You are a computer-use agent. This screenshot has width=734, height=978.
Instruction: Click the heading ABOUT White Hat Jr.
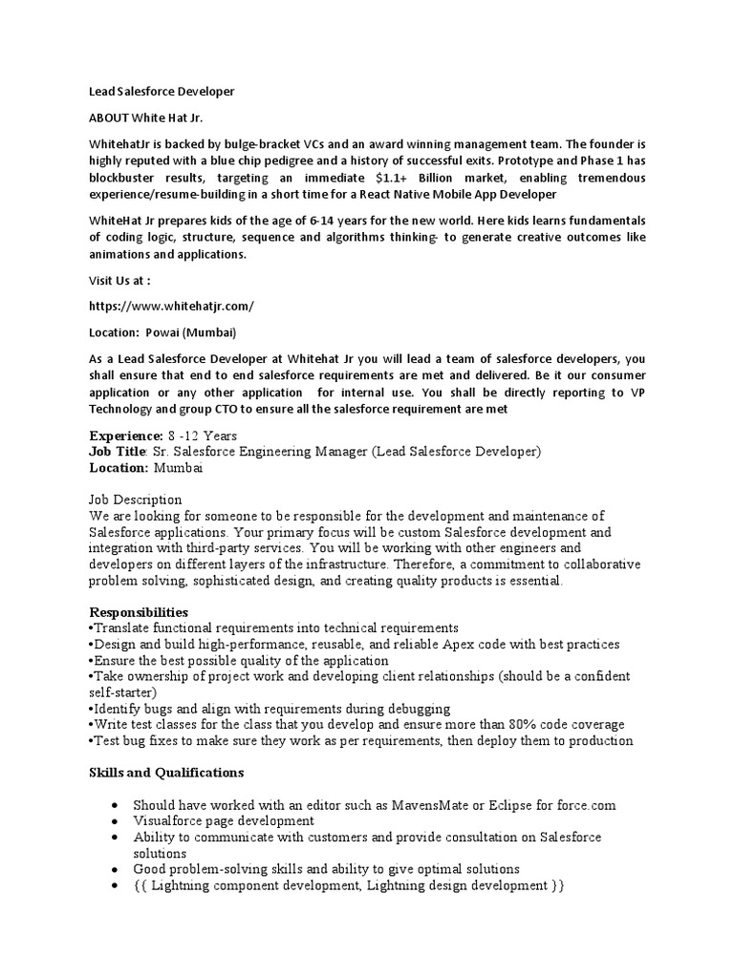[146, 117]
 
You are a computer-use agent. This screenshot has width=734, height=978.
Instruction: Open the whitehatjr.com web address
[172, 306]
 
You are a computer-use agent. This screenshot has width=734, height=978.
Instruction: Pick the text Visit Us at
[120, 281]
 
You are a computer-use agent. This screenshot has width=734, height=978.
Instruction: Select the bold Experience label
[127, 436]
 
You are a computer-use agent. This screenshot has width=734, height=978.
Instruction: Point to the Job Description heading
[135, 500]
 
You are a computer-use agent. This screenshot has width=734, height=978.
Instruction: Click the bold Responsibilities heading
[139, 611]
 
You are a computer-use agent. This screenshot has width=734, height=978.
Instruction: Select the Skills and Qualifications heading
[166, 772]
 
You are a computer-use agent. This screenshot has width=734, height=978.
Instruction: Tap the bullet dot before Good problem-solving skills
[115, 870]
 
